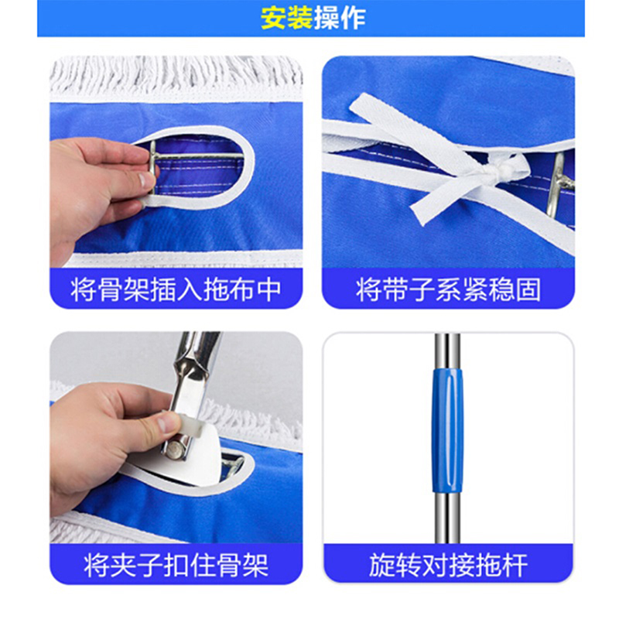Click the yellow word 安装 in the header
(286, 18)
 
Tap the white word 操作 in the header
(340, 18)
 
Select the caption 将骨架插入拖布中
(176, 289)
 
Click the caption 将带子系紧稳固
(448, 289)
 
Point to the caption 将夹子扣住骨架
(176, 565)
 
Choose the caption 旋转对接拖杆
(448, 565)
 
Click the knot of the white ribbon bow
(500, 173)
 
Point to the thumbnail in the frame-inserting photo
(146, 180)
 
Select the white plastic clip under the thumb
(193, 426)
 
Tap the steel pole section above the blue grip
(447, 351)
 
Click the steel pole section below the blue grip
(447, 518)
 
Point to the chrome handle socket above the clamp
(197, 355)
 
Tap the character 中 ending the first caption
(268, 289)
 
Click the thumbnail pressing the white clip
(165, 423)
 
